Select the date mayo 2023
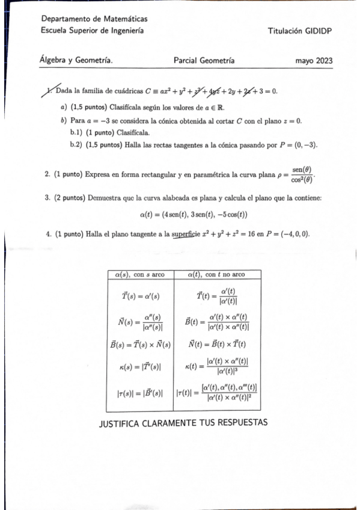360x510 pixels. (314, 61)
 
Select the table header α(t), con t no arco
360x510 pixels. (218, 274)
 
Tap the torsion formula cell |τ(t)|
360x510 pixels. (218, 395)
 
